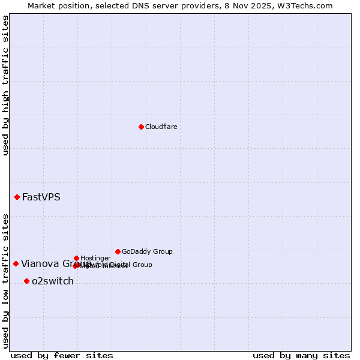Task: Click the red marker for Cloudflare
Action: click(141, 127)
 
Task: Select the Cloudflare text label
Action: click(161, 127)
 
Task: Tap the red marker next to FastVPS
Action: click(17, 197)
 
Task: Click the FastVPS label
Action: click(41, 197)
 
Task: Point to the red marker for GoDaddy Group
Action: click(118, 251)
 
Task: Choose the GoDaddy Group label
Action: click(147, 251)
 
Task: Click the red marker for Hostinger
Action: click(76, 258)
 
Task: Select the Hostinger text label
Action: click(95, 258)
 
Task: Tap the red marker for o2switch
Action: click(26, 281)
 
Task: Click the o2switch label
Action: click(52, 281)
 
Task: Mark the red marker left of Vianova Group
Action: click(16, 263)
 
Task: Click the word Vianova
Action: click(40, 263)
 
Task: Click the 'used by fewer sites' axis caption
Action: click(62, 355)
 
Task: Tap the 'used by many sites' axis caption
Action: click(301, 355)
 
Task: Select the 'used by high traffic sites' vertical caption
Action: click(5, 85)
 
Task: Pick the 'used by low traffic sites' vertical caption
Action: click(5, 281)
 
